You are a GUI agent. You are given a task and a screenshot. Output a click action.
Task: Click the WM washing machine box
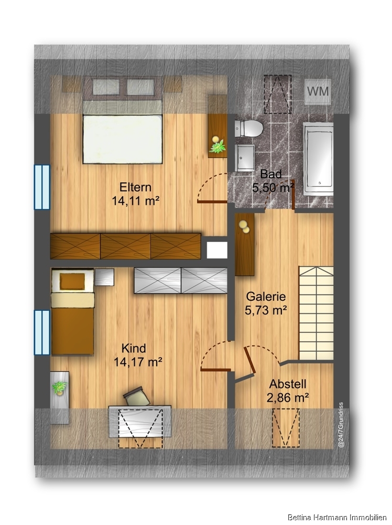pos(318,91)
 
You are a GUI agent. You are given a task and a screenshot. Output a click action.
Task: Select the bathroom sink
pos(245,157)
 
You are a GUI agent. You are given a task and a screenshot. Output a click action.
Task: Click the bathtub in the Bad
pos(318,159)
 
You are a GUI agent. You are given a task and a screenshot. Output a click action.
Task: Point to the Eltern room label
pos(135,187)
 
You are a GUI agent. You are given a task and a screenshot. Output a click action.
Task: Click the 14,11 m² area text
pos(135,201)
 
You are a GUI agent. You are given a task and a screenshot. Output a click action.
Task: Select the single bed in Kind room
pos(72,311)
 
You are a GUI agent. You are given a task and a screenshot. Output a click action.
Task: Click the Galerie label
pos(266,296)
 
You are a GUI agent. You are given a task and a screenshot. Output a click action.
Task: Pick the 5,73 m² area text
pos(266,310)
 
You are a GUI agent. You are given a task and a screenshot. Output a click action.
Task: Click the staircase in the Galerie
pos(316,313)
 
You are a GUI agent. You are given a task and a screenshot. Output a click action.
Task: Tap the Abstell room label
pos(288,384)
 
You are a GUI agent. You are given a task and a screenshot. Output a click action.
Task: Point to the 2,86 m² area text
pos(288,398)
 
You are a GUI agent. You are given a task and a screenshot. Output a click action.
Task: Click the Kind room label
pos(134,348)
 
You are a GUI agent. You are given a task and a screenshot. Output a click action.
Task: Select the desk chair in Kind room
pos(137,396)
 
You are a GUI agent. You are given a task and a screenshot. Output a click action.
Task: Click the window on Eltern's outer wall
pos(42,187)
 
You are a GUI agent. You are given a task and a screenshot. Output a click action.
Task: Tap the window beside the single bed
pos(42,332)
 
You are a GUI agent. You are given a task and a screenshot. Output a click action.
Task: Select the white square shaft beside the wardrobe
pos(217,250)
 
